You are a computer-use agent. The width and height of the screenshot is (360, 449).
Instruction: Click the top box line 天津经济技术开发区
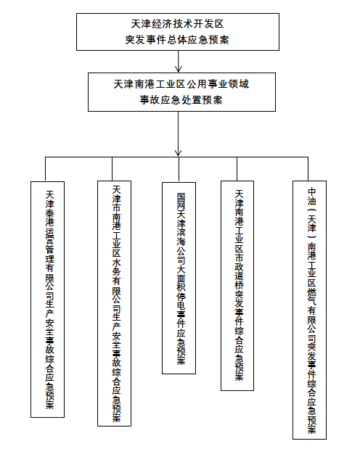(177, 24)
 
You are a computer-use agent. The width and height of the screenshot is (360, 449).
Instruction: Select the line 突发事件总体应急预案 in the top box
(177, 40)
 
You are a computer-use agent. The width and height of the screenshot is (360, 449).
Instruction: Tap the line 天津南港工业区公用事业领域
(181, 84)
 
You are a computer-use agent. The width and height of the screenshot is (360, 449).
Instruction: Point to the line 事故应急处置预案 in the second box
(181, 100)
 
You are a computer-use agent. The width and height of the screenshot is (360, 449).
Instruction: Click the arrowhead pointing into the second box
(179, 69)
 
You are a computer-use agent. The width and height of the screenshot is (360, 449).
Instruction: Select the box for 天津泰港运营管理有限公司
(48, 300)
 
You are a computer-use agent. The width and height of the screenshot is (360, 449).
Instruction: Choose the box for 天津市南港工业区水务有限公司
(115, 303)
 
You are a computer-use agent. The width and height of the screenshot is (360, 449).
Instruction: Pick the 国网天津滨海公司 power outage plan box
(179, 278)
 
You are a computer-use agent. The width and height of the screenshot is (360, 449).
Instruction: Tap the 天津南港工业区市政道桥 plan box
(237, 286)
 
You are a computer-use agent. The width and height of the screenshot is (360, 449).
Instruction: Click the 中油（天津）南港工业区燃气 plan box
(309, 310)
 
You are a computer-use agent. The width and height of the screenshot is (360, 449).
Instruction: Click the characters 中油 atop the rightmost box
(312, 197)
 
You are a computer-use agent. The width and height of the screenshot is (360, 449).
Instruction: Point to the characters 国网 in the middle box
(181, 202)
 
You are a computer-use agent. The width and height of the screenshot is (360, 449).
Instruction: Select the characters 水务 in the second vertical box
(116, 267)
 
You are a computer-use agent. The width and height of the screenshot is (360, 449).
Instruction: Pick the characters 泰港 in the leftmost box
(49, 218)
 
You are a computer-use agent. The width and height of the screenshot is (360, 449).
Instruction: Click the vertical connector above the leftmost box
(45, 169)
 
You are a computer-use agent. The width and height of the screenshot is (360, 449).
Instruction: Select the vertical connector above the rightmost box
(308, 169)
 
